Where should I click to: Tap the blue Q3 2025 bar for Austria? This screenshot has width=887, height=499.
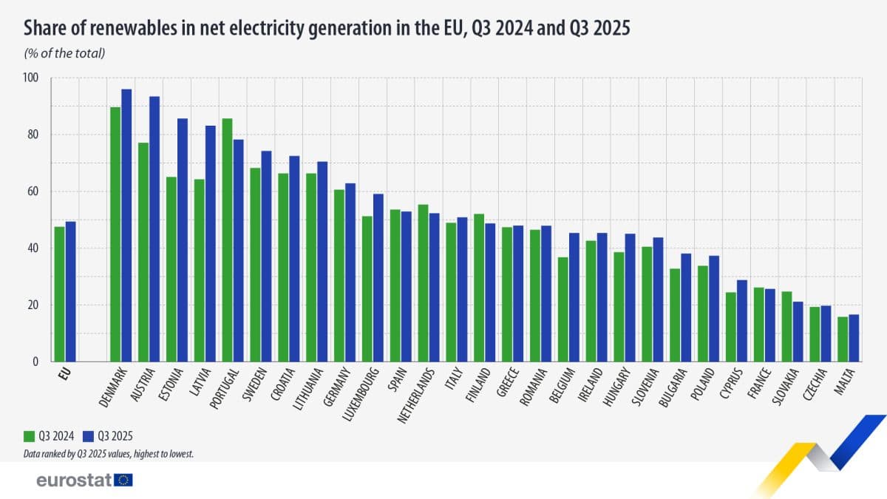pyautogui.click(x=154, y=229)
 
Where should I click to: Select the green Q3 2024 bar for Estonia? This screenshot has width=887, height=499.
pyautogui.click(x=171, y=269)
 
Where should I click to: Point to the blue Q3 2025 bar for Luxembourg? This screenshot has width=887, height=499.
pyautogui.click(x=378, y=278)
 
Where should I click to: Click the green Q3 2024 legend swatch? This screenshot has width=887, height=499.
pyautogui.click(x=29, y=436)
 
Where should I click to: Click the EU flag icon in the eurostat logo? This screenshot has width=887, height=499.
pyautogui.click(x=124, y=481)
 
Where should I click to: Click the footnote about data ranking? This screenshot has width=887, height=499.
pyautogui.click(x=109, y=453)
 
